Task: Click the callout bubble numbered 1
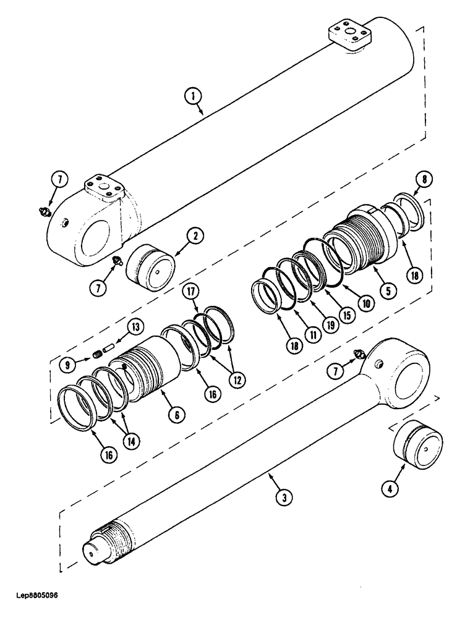(x=194, y=96)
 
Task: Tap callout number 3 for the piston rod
(x=281, y=496)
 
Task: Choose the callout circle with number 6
(x=176, y=415)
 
